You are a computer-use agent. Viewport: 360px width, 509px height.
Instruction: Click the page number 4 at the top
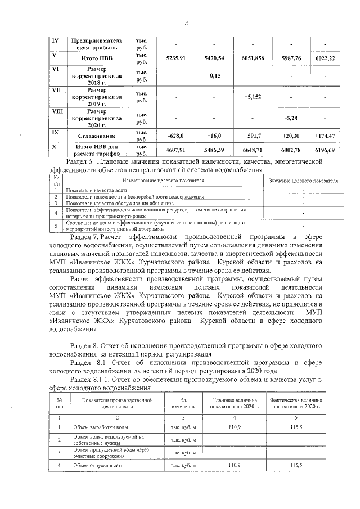tap(186, 24)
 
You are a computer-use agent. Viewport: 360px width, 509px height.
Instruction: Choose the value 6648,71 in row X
tap(253, 151)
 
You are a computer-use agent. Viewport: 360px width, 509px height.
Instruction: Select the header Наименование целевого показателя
tap(163, 181)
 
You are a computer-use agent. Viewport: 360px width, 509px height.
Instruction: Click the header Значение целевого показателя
tap(303, 181)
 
